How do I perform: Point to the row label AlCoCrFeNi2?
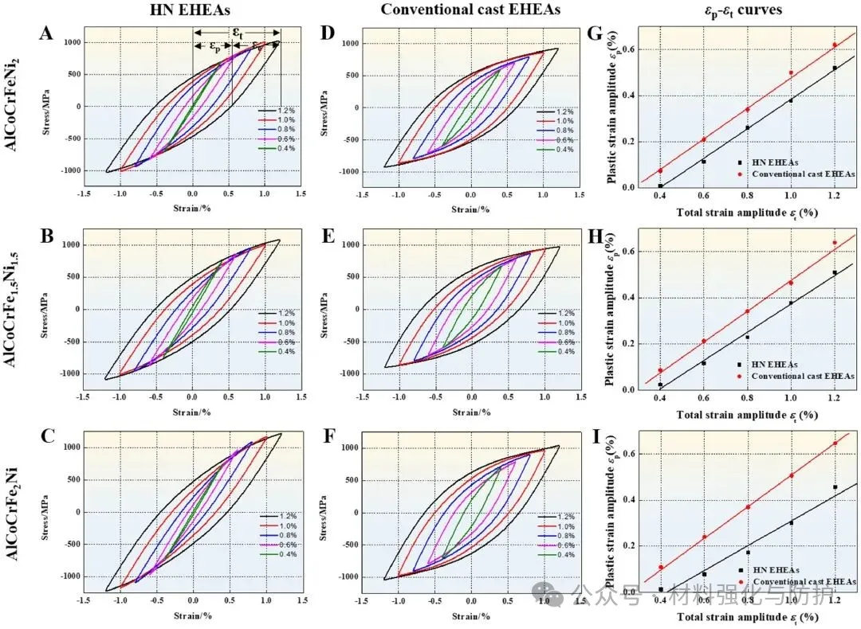(17, 104)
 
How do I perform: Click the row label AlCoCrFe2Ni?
(17, 510)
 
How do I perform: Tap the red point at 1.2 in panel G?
(835, 45)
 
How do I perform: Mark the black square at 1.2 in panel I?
(835, 487)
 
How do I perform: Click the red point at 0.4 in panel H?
(660, 370)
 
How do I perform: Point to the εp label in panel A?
(215, 46)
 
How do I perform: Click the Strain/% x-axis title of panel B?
(191, 411)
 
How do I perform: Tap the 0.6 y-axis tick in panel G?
(632, 49)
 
